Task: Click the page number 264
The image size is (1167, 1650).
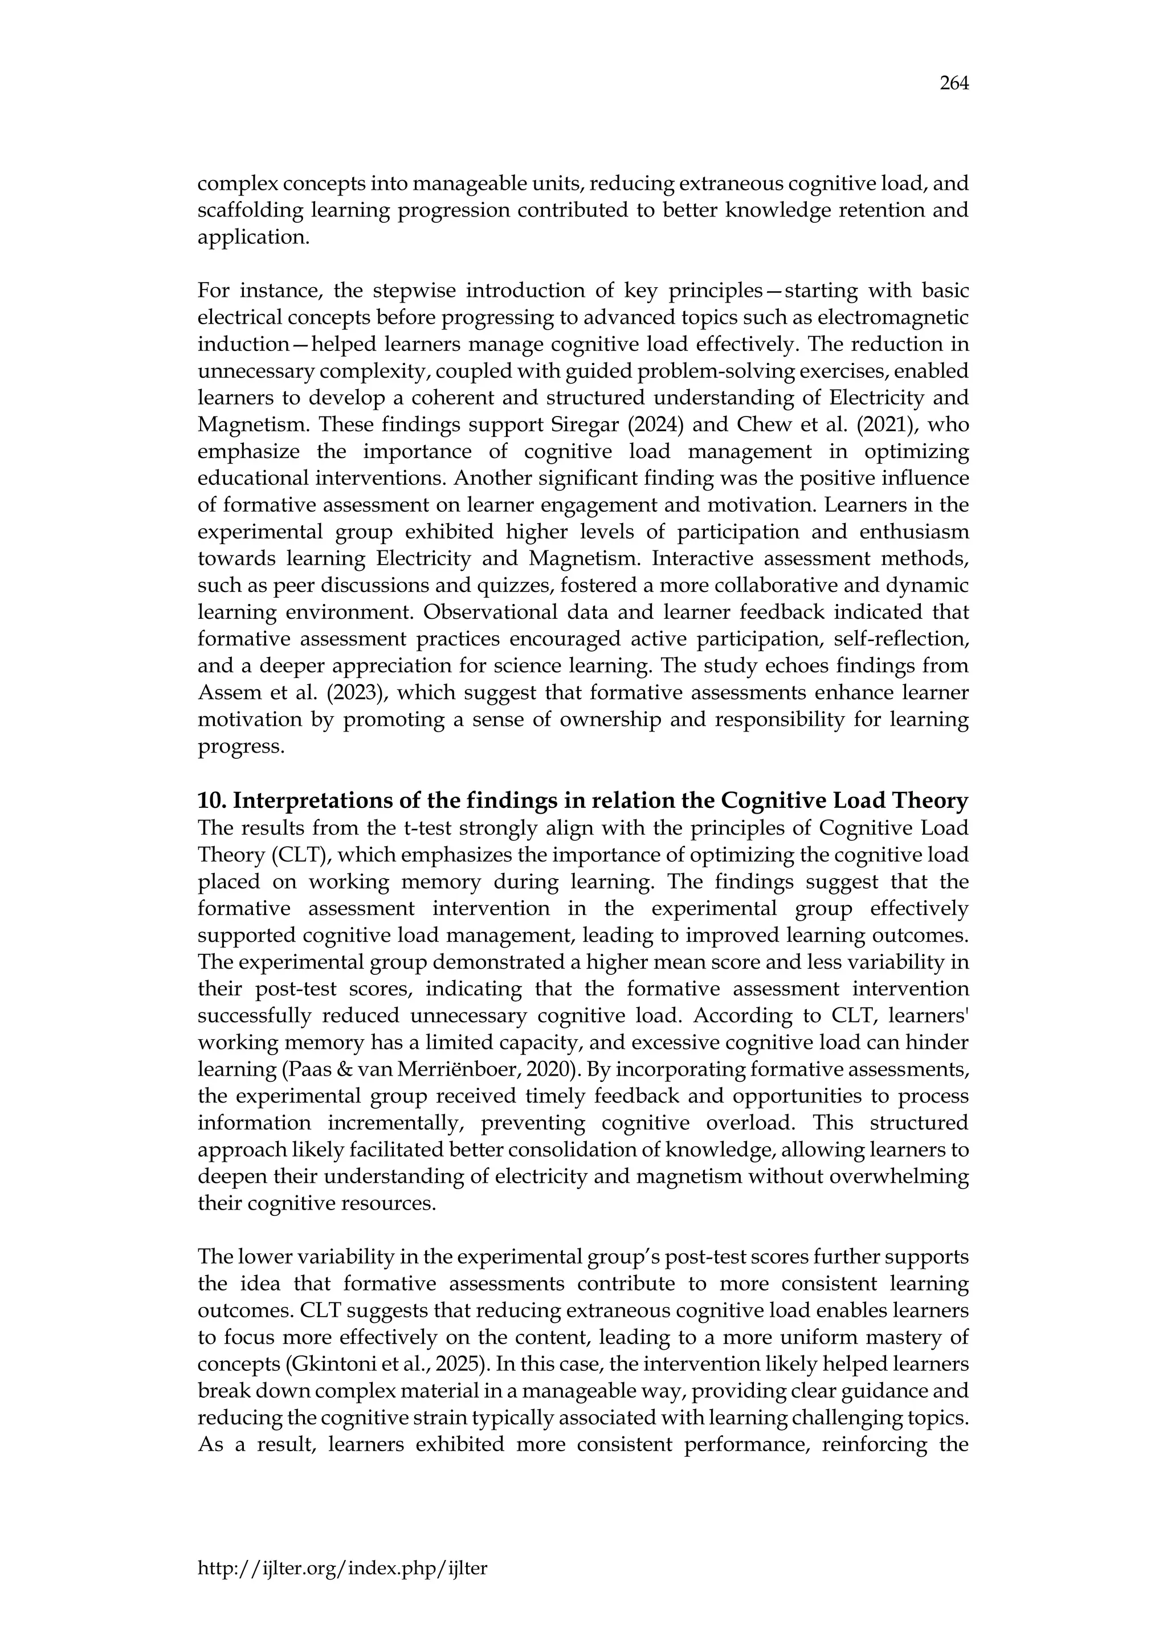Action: tap(954, 84)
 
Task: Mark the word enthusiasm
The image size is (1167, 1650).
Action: tap(907, 533)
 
